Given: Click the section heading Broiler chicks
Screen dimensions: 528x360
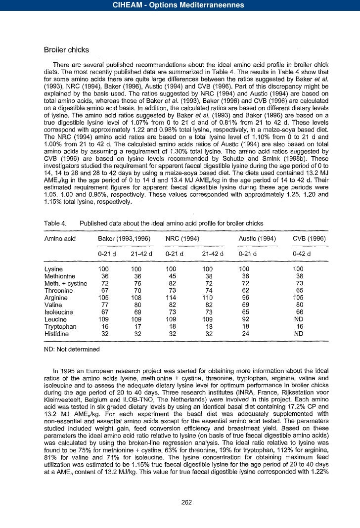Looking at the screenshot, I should point(67,50).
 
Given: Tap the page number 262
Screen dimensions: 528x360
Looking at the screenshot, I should point(186,502).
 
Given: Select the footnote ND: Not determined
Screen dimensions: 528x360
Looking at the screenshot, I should point(72,349).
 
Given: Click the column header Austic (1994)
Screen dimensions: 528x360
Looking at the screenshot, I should point(257,239).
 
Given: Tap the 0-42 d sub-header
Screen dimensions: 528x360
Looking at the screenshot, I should point(302,254).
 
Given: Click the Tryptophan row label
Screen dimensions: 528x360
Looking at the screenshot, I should point(61,327).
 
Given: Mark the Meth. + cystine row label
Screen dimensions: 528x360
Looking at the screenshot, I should point(66,283).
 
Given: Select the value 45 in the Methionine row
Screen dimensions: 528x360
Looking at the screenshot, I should point(173,276).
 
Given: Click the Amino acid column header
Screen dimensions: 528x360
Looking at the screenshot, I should point(60,239).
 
